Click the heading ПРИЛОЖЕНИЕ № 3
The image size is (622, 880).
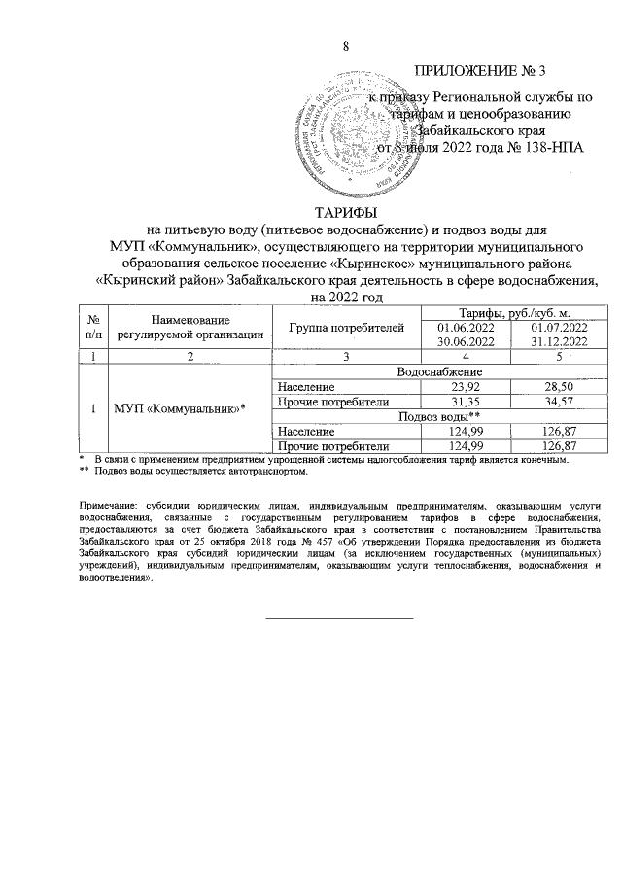tap(481, 70)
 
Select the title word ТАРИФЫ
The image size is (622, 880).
tap(346, 213)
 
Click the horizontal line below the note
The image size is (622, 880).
tap(339, 616)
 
